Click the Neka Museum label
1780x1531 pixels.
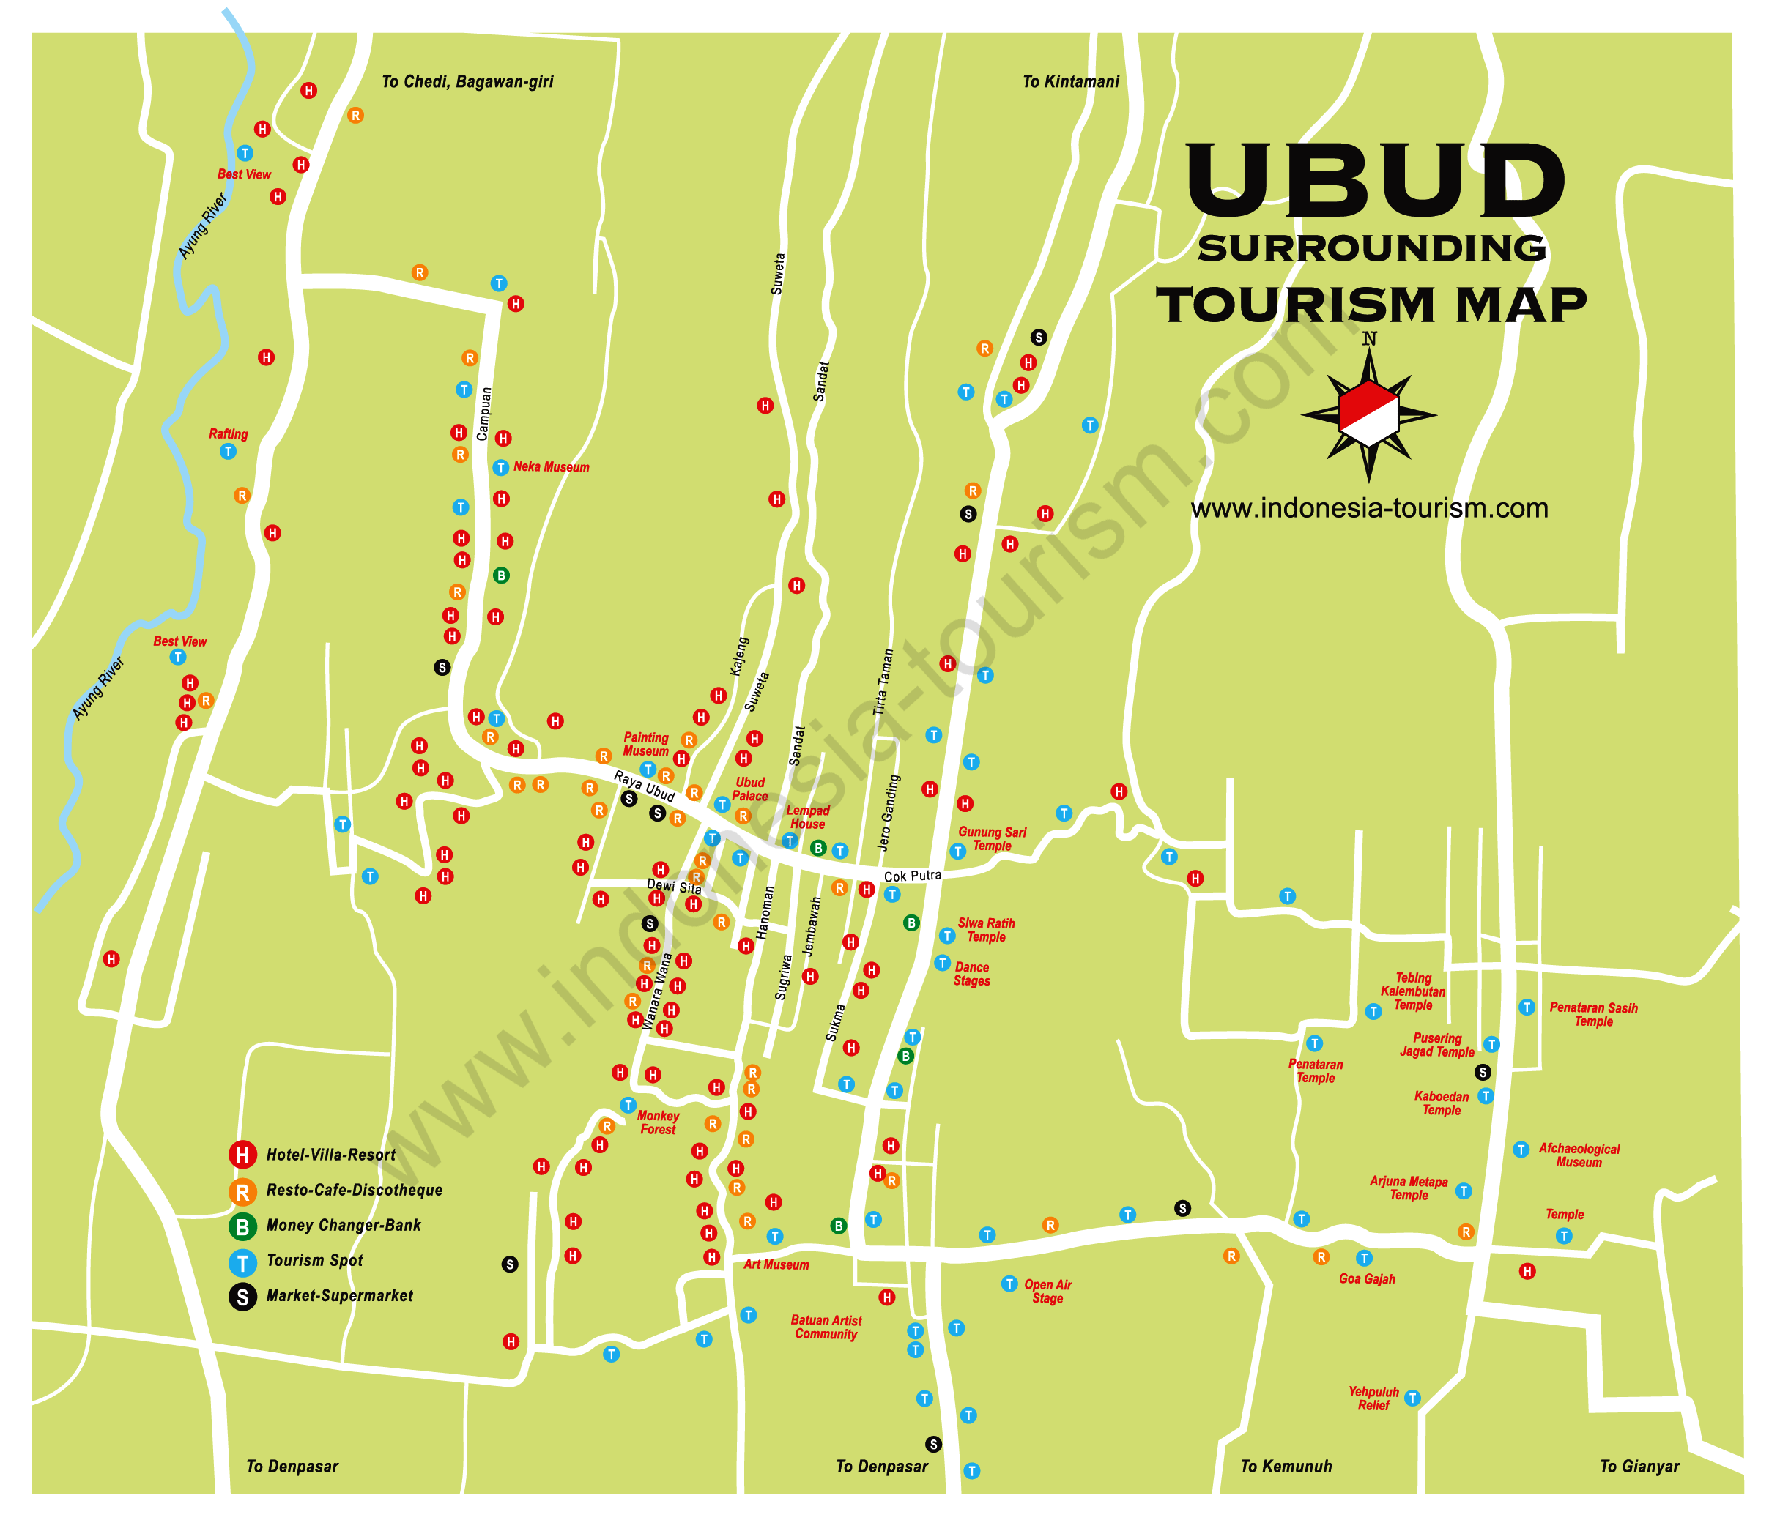(551, 467)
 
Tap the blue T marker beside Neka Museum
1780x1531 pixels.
(501, 468)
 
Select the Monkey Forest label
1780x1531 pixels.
(658, 1122)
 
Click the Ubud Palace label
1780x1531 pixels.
(750, 789)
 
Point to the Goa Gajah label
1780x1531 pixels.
(1367, 1279)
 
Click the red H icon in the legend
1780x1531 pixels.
(243, 1155)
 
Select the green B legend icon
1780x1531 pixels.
(243, 1226)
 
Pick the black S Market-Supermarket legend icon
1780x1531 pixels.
(243, 1297)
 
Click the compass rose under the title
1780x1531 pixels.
(1368, 414)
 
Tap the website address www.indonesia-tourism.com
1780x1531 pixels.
(1369, 508)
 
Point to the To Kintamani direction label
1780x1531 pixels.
(1070, 81)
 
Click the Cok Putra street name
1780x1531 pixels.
(912, 876)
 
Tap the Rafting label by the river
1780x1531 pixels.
(229, 434)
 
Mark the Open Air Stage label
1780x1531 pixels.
(1048, 1292)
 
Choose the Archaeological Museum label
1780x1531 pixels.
(1579, 1156)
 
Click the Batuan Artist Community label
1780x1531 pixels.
(826, 1327)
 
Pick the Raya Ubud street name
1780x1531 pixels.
(645, 786)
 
